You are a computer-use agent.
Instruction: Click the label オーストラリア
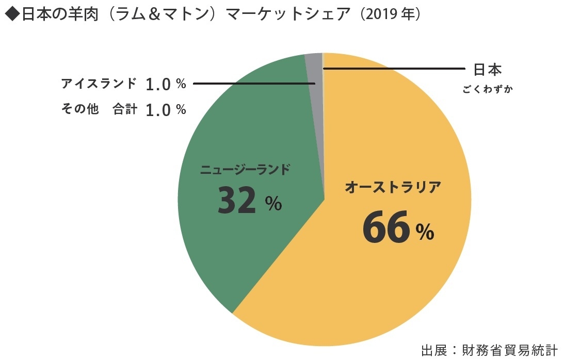coord(393,187)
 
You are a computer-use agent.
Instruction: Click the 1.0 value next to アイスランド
coord(158,84)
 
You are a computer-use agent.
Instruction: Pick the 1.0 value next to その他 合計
coord(158,109)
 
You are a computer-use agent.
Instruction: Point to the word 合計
coord(125,109)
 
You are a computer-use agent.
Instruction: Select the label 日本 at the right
coord(488,70)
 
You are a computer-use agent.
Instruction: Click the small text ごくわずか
coord(488,89)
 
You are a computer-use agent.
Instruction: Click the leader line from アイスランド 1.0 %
coord(253,83)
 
